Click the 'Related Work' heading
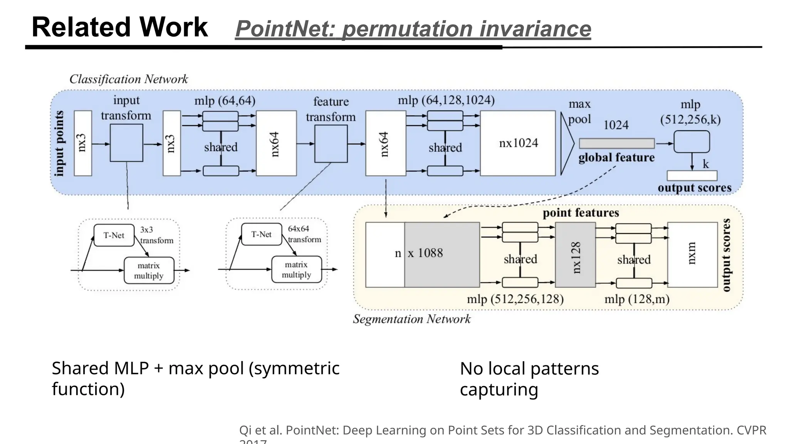coord(119,27)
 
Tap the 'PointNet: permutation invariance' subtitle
coord(413,29)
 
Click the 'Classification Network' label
coord(128,79)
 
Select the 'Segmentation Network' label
coord(411,319)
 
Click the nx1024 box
coord(518,143)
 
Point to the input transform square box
coord(126,143)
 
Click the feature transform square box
coord(331,144)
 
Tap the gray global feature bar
coord(616,143)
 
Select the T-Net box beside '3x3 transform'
coord(114,235)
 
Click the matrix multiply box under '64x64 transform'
coord(296,269)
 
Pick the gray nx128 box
coord(575,255)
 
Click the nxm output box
coord(692,255)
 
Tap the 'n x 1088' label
coord(419,253)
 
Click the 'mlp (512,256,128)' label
coord(515,299)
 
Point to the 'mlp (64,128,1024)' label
coord(446,100)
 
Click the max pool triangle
coord(567,144)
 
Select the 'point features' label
coord(581,213)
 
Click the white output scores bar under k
coord(692,176)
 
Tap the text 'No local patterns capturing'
coord(529,379)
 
